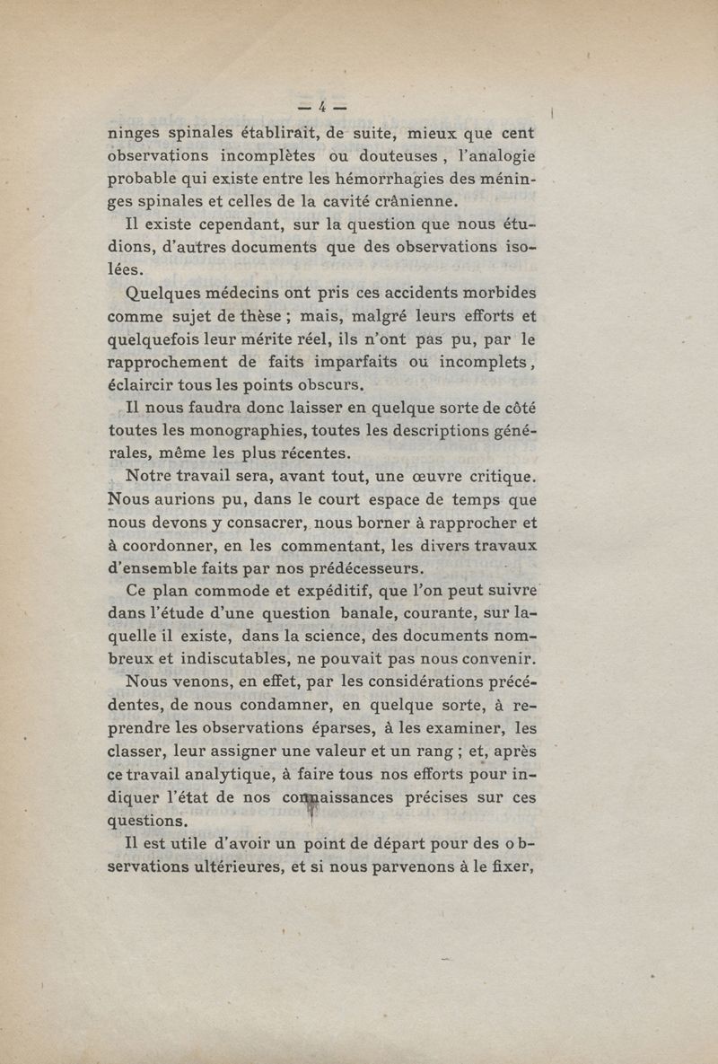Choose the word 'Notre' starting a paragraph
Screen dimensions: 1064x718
pos(153,475)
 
